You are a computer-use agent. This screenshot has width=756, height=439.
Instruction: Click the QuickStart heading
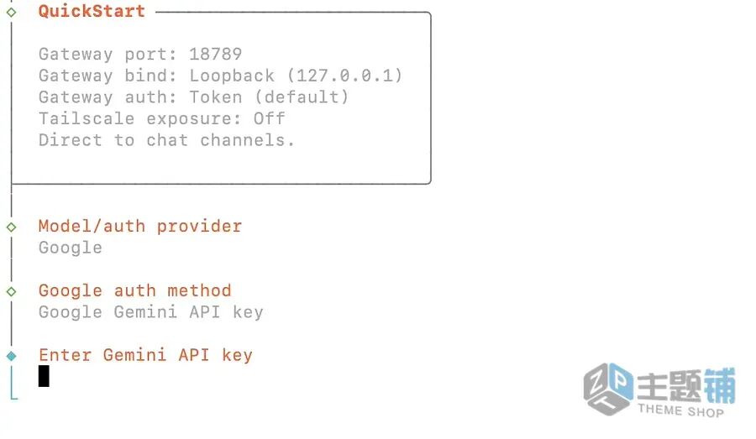point(92,12)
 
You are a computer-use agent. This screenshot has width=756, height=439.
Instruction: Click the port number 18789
point(215,55)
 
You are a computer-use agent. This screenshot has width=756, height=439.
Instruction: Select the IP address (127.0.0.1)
point(344,76)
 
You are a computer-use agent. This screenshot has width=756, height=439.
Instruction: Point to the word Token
point(215,97)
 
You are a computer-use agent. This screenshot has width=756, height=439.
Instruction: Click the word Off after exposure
point(269,118)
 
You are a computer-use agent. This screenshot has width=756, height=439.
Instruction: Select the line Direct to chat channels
point(166,140)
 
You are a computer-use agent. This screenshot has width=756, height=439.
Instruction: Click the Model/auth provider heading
point(140,227)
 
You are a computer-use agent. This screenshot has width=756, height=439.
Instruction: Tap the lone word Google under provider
point(71,248)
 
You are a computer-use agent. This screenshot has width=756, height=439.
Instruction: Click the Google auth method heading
point(134,291)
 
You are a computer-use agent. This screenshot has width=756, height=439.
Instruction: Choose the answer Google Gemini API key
point(151,312)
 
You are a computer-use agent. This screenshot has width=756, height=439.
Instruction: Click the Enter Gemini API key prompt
point(145,355)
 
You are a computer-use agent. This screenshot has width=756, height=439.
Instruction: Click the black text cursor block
point(44,376)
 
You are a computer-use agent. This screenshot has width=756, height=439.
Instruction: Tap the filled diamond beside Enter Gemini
point(11,356)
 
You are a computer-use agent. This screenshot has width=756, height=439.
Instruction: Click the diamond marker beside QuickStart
point(11,13)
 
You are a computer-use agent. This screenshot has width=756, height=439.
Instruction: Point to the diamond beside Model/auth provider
point(11,227)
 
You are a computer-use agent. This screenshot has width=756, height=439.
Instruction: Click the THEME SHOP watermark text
point(680,411)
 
